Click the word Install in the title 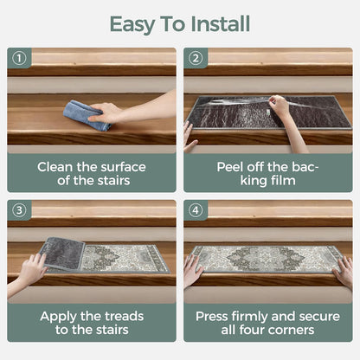point(220,23)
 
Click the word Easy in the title point(132,25)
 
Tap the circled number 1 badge point(19,58)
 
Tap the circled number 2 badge point(196,58)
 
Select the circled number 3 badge point(19,210)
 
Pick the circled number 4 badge point(196,210)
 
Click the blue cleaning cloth point(87,115)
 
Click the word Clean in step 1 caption point(55,167)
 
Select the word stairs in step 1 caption point(113,181)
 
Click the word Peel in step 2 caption point(229,167)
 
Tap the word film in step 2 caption point(283,181)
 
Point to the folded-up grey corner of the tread point(63,254)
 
